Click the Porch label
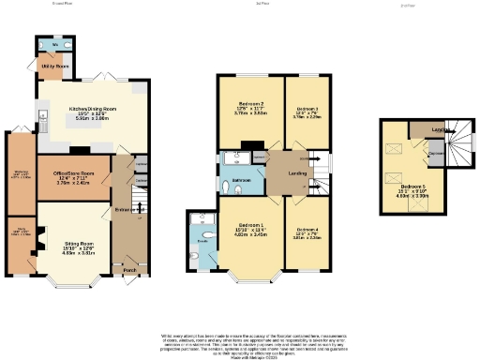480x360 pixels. click(129, 270)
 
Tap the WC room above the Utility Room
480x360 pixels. click(56, 44)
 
